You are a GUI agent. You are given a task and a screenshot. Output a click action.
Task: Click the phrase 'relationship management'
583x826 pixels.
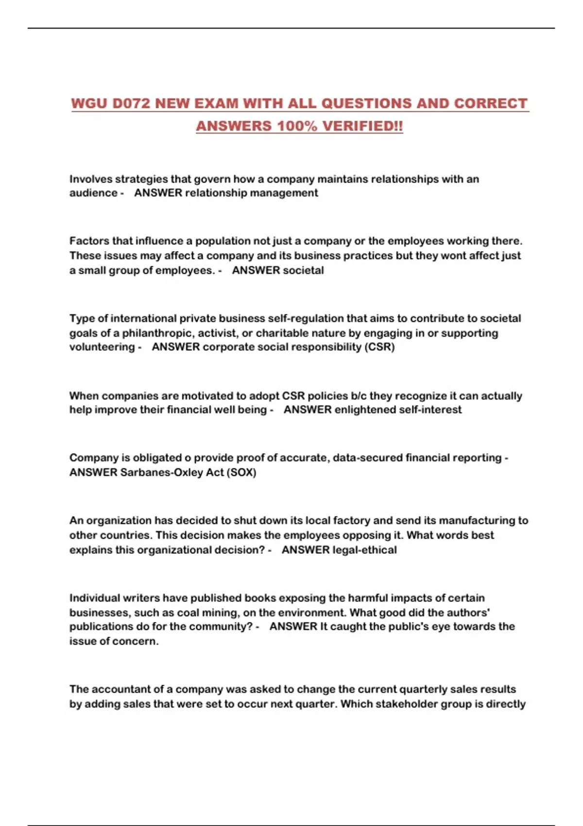[x=252, y=193]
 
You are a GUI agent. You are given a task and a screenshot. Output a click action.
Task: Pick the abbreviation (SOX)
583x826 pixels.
[x=241, y=472]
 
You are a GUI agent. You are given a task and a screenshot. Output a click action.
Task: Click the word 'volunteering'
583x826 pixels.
[x=102, y=347]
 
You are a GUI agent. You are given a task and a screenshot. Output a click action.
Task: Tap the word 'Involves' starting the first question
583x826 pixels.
[x=91, y=179]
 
